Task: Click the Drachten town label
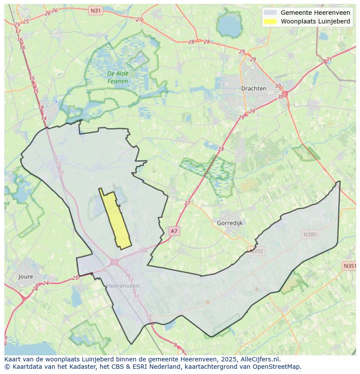253,88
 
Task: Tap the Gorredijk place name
230,223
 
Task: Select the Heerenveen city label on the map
123,286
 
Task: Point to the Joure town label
26,276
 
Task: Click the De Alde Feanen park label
118,77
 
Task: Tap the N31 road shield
95,10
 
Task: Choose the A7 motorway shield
174,231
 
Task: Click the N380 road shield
310,235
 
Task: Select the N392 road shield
256,250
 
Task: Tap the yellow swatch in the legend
270,21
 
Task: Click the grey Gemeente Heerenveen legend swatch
270,13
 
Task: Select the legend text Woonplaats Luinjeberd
315,21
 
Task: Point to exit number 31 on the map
329,60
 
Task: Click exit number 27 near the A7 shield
187,203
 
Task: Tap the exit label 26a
143,251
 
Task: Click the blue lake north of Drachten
229,26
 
